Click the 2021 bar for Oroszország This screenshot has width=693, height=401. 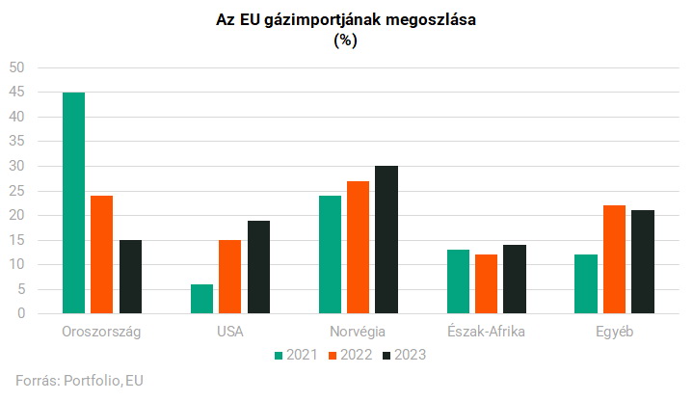tap(73, 202)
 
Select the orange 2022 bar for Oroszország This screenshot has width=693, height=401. tap(101, 254)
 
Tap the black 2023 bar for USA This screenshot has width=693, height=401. tap(258, 267)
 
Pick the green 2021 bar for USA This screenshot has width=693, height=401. tap(201, 299)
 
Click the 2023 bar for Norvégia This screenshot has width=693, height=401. tap(386, 240)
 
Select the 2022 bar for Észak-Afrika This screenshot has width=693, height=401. tap(486, 284)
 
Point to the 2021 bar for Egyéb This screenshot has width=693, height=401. tap(585, 284)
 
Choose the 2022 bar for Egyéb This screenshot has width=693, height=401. tap(614, 259)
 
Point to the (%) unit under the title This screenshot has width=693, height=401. tap(346, 40)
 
